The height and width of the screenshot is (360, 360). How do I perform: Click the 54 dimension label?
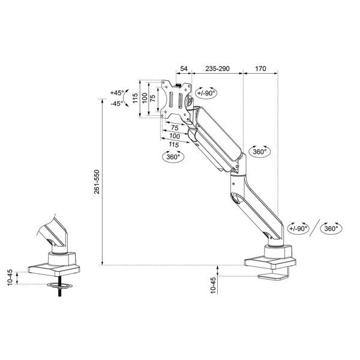point(184,69)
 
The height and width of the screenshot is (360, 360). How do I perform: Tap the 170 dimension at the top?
point(260,69)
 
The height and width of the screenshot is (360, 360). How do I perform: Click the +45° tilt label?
point(116,93)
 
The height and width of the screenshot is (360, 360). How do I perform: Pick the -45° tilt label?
point(116,103)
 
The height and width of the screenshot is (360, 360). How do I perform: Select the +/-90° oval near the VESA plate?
point(206,92)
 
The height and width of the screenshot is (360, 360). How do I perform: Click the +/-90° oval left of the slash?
point(299,229)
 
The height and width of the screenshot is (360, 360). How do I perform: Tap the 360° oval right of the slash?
point(331,229)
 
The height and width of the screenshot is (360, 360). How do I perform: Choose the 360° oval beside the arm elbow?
point(259,152)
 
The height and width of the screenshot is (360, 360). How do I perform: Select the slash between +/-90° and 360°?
point(314,228)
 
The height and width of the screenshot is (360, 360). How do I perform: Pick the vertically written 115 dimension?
point(136,97)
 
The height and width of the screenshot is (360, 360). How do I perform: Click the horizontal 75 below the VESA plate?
point(174,128)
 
